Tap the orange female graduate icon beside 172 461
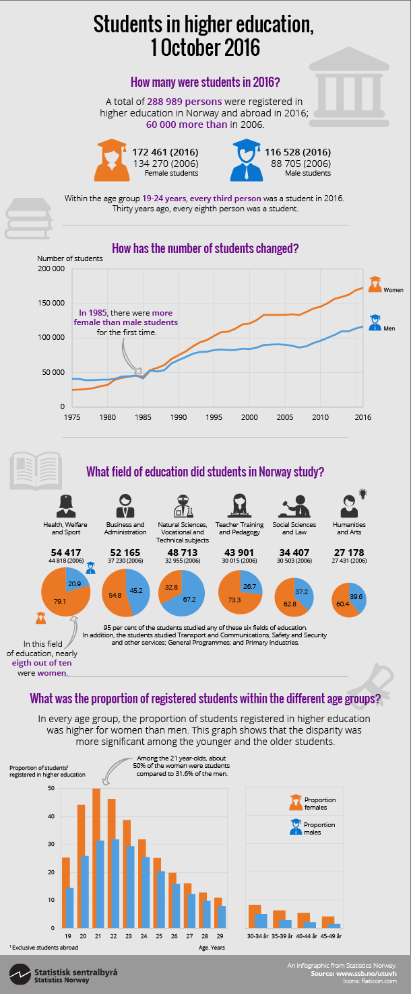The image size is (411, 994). pyautogui.click(x=113, y=159)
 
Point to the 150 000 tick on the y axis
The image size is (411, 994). pyautogui.click(x=51, y=303)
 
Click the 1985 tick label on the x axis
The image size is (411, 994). pyautogui.click(x=143, y=417)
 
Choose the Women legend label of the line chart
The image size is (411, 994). pyautogui.click(x=393, y=290)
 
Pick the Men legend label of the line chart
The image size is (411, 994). pyautogui.click(x=389, y=328)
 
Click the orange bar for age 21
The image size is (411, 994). pyautogui.click(x=96, y=858)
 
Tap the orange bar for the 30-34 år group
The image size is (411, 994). pyautogui.click(x=255, y=916)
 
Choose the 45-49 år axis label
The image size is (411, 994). pyautogui.click(x=331, y=936)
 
